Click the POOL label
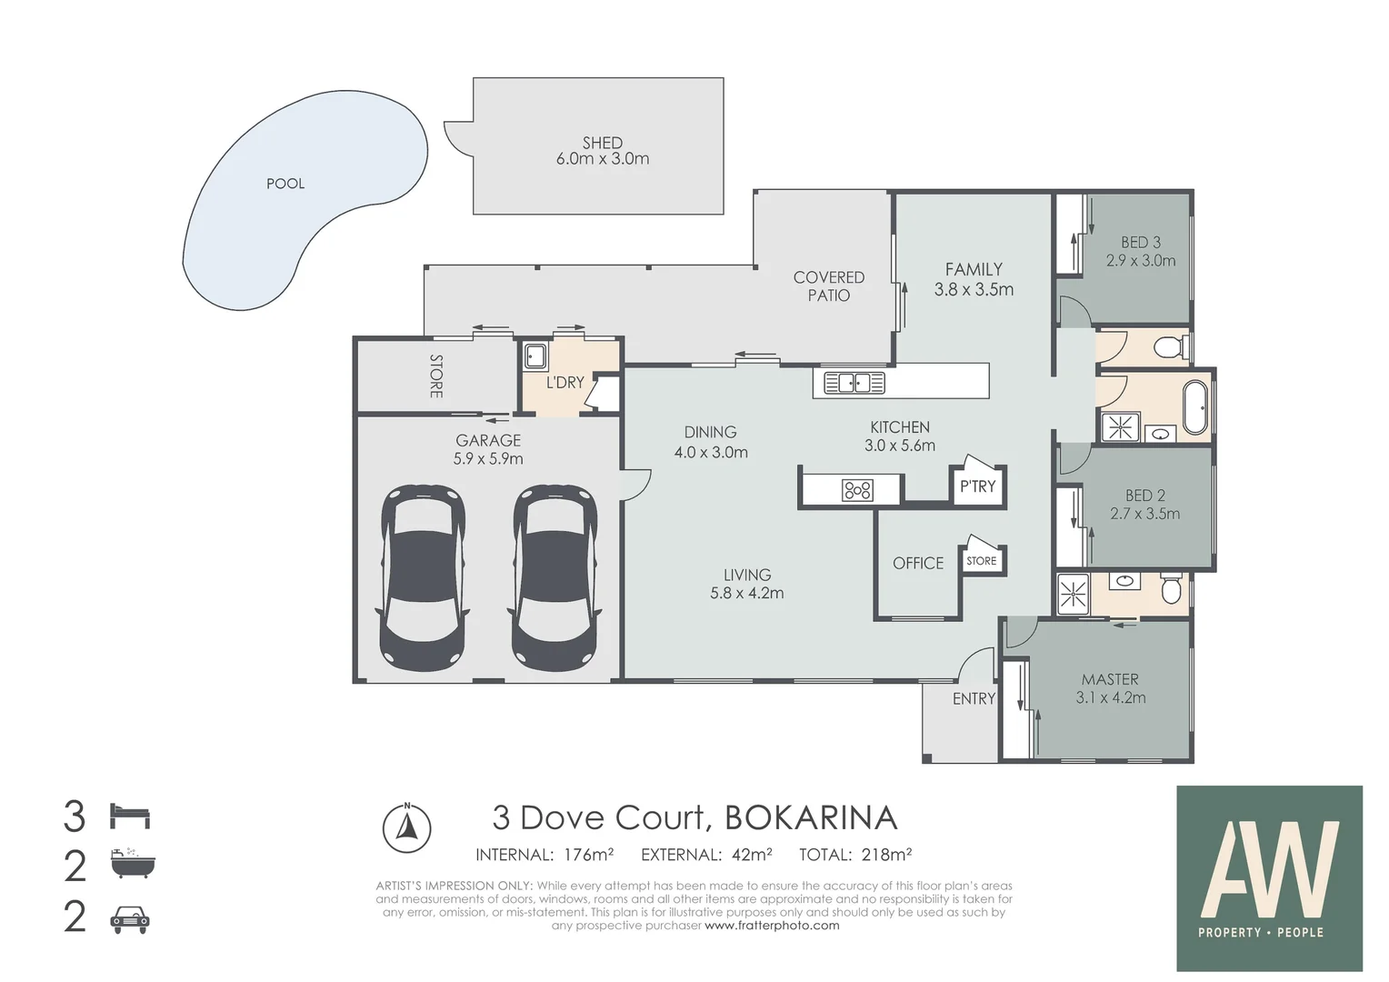point(285,184)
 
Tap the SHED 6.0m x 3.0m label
point(603,151)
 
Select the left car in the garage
point(423,576)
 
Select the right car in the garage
point(555,576)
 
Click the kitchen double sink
point(854,383)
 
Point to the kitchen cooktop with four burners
point(858,491)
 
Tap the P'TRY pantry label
point(978,486)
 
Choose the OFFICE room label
point(918,564)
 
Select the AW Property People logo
point(1269,878)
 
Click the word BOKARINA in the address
point(810,818)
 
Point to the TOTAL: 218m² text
point(855,855)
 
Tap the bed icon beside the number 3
point(130,816)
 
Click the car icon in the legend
point(130,920)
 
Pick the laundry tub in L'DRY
point(535,355)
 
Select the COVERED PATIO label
point(828,286)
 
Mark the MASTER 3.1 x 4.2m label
point(1110,689)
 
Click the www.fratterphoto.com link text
point(772,926)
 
